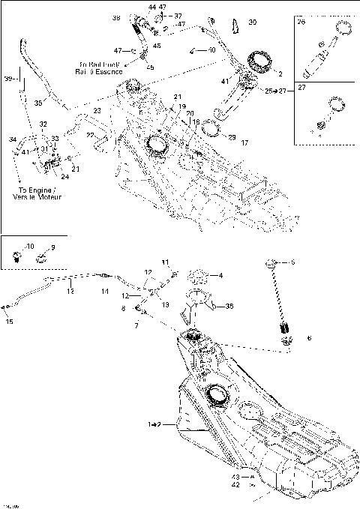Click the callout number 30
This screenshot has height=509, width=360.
click(252, 22)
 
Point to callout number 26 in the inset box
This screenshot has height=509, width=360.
click(301, 22)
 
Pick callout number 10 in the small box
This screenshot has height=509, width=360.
click(30, 246)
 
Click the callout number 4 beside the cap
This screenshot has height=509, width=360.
click(220, 274)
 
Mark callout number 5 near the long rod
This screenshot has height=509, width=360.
click(292, 262)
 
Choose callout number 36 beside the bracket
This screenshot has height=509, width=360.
click(229, 306)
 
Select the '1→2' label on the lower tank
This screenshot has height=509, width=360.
click(153, 424)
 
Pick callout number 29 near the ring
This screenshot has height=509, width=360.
click(232, 137)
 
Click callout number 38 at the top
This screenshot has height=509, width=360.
click(116, 17)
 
